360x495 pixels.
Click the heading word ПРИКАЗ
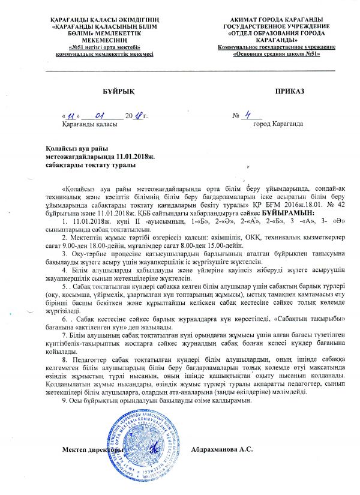pyautogui.click(x=290, y=90)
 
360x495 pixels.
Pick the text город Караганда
pyautogui.click(x=278, y=124)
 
